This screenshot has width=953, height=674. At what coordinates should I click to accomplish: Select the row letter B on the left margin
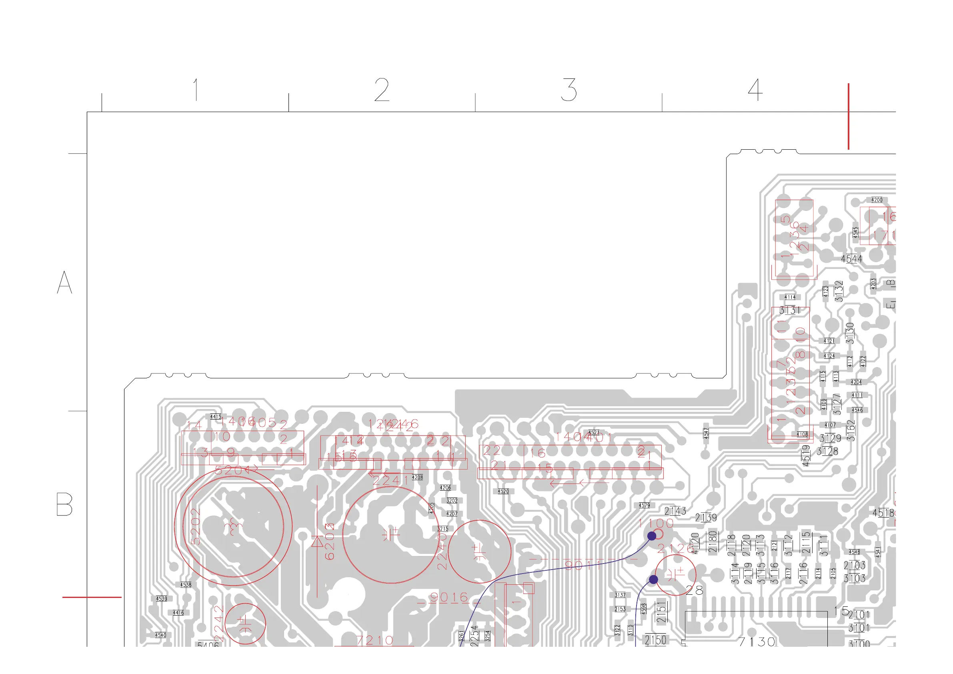pos(64,504)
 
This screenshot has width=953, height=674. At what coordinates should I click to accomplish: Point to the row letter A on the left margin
pos(64,283)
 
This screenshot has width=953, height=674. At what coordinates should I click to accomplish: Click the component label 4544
pos(852,259)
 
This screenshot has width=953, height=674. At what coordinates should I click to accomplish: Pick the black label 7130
pos(757,642)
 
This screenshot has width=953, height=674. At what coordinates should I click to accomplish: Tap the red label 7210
pos(375,640)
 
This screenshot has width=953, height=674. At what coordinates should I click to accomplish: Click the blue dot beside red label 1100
pos(652,536)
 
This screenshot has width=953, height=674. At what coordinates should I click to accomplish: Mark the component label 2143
pos(675,511)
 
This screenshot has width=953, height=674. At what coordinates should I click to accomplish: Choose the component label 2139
pos(706,518)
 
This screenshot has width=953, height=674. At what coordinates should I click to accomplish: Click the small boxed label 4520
pos(503,491)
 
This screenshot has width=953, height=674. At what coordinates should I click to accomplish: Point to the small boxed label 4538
pos(186,585)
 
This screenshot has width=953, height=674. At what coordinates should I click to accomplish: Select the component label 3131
pos(789,310)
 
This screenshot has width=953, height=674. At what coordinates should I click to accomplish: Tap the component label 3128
pos(827,451)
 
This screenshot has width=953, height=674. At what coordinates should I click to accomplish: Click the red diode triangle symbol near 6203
pos(318,542)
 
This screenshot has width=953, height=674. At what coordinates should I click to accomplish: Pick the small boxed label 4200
pos(877,200)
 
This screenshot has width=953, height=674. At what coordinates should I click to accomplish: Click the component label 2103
pos(854,565)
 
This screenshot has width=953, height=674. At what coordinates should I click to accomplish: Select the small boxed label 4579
pos(644,505)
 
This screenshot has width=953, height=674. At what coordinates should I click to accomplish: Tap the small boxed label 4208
pos(417,477)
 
